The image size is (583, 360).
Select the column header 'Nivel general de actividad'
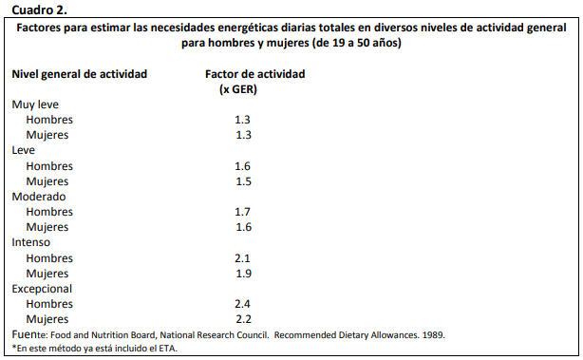pos(79,74)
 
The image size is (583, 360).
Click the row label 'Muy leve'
pos(36,104)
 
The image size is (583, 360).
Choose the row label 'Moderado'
pos(39,197)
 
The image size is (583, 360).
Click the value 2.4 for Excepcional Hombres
pos(242,304)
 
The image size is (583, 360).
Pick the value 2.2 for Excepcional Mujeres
pos(242,319)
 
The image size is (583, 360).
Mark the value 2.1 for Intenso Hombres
pos(242,258)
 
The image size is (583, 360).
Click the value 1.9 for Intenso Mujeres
pos(242,274)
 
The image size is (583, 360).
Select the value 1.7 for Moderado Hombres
pos(242,212)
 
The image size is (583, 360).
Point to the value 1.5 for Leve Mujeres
pos(242,181)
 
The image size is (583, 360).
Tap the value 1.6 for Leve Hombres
pos(242,166)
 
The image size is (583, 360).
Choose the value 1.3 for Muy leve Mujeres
pos(242,135)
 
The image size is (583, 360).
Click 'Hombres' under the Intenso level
pos(49,258)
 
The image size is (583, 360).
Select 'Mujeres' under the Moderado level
pos(47,227)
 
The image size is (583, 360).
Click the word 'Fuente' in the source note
pos(28,334)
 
